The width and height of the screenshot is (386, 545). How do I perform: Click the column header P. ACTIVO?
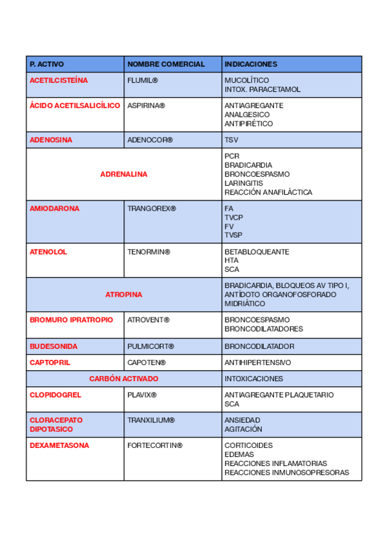[47, 64]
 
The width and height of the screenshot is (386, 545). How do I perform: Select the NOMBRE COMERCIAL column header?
[166, 64]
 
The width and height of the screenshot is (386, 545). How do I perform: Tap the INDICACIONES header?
[251, 64]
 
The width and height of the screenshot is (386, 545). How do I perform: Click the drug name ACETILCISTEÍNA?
[59, 80]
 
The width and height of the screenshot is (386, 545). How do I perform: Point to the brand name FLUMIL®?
[142, 80]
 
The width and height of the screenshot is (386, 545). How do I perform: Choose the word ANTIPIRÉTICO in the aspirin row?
[248, 123]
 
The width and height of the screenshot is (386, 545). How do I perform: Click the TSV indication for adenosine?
[231, 139]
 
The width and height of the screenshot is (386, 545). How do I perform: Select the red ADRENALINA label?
[124, 174]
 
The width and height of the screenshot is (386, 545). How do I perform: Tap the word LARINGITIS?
[244, 183]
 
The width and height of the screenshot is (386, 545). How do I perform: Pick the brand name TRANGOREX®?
[151, 209]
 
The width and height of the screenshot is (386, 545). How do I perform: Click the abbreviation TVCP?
[234, 218]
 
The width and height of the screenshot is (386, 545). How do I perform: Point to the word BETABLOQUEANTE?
[257, 252]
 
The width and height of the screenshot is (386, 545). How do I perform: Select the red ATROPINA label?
[124, 294]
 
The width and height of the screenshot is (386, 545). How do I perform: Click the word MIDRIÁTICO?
[244, 303]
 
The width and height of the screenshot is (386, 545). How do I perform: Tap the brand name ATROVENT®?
[148, 319]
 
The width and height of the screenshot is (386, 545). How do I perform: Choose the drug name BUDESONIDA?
[53, 346]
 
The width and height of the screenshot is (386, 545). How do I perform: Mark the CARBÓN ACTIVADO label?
[124, 379]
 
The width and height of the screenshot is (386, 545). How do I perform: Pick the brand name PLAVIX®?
[142, 395]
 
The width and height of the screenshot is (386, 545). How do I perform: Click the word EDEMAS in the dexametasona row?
[239, 454]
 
